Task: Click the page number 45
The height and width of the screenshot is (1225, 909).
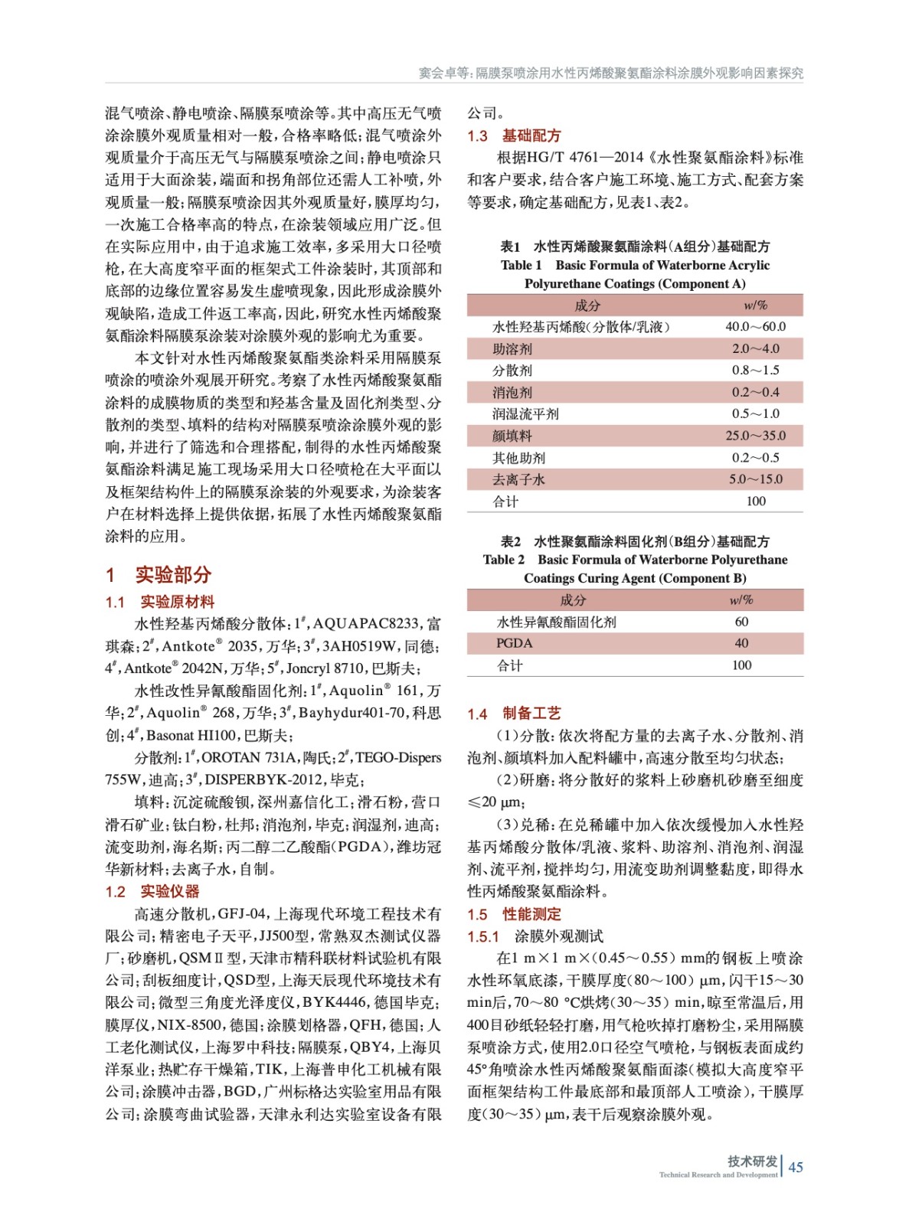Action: click(796, 1167)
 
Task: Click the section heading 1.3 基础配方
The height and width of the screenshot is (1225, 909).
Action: click(514, 136)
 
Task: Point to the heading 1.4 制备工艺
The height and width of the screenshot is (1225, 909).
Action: click(514, 714)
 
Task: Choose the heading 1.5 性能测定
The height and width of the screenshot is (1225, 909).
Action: click(514, 914)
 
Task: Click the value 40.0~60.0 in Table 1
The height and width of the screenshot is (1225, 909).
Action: click(755, 327)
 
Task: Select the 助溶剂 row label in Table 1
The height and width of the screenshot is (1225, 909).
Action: click(512, 349)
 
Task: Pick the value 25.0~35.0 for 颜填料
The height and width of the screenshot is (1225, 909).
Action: click(755, 436)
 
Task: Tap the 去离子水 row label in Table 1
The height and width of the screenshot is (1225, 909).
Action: click(518, 479)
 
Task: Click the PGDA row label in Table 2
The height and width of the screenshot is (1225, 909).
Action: click(514, 643)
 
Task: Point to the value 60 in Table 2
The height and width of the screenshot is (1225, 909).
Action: click(741, 622)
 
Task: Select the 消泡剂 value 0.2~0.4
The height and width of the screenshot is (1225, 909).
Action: click(755, 392)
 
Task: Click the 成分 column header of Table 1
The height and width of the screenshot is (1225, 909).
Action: click(587, 305)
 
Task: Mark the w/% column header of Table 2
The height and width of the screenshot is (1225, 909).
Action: click(741, 600)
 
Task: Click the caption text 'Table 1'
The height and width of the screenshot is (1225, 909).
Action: click(521, 265)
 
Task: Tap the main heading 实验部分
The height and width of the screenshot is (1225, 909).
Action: click(173, 575)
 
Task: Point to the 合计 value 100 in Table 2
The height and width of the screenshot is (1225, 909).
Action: click(741, 665)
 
